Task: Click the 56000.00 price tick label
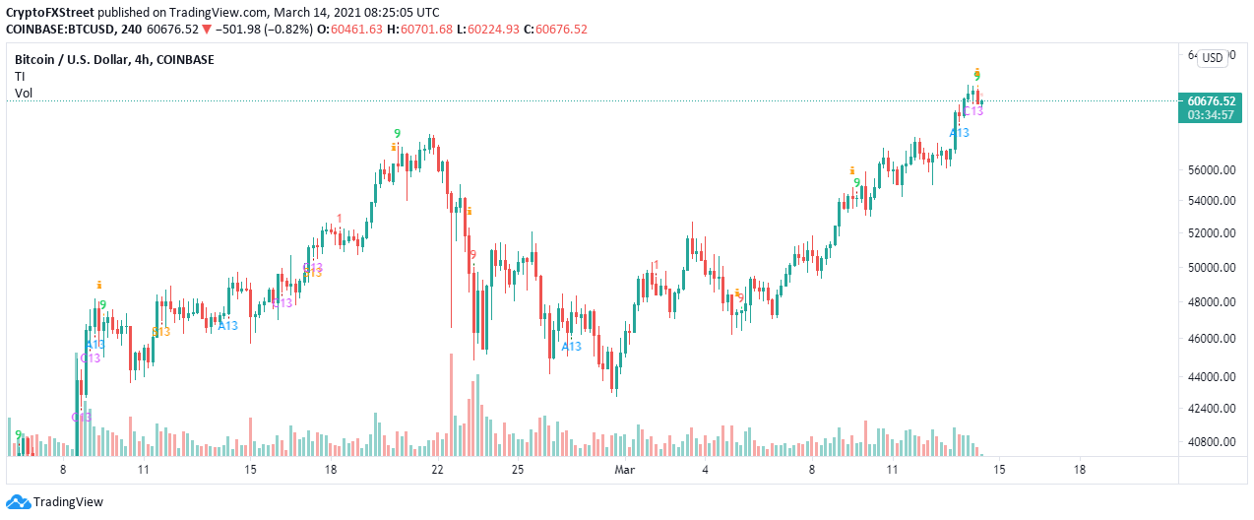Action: click(1212, 169)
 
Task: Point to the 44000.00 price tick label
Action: click(1212, 376)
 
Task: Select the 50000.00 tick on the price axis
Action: click(1212, 267)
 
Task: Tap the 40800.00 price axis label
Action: click(1212, 441)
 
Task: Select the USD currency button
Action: click(1213, 58)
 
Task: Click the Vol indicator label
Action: click(24, 94)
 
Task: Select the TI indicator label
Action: click(20, 77)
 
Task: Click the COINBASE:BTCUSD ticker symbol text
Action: click(59, 28)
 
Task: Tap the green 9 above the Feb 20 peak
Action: click(397, 134)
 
